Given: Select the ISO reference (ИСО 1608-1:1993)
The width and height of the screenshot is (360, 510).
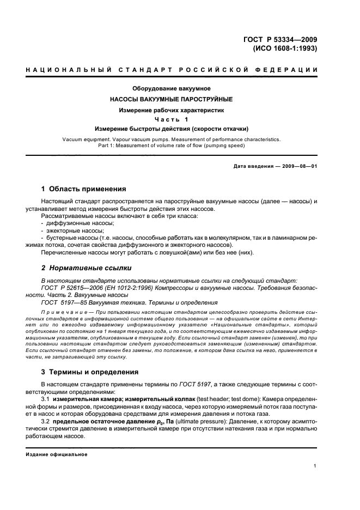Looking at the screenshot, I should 285,48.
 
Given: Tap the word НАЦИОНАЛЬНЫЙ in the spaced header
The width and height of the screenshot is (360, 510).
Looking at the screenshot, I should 68,70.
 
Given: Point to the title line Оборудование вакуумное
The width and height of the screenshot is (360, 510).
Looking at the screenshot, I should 172,88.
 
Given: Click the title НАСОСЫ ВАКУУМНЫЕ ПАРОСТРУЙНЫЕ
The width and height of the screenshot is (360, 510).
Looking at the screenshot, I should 172,99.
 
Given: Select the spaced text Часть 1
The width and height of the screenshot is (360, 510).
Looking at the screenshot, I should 172,119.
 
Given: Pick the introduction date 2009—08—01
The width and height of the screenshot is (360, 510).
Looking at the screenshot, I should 297,166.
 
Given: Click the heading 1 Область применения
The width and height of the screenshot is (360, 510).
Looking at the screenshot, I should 83,189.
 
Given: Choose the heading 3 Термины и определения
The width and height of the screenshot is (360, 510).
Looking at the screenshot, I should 90,372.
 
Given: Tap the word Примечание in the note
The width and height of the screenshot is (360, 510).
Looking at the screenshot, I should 59,312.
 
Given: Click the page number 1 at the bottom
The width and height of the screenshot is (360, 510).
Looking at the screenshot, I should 316,465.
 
